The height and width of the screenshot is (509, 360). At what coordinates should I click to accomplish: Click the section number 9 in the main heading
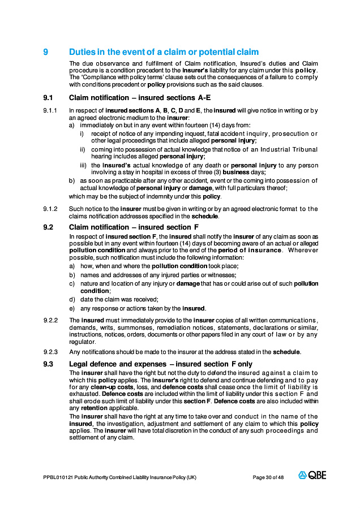[46, 52]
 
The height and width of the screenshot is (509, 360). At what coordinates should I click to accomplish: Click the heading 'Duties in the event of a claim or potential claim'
[164, 52]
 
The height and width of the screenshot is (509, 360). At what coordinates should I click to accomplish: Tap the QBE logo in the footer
[312, 476]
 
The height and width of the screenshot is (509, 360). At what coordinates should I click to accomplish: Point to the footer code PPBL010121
[56, 477]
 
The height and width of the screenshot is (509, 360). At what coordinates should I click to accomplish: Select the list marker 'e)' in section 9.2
[71, 308]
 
